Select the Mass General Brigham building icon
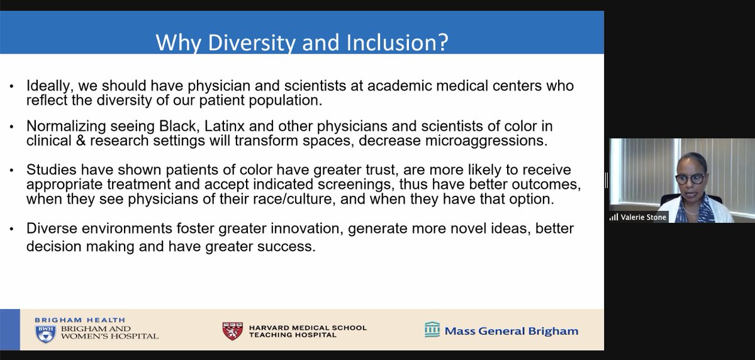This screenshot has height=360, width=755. click(x=432, y=330)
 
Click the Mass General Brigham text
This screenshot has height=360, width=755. click(x=512, y=330)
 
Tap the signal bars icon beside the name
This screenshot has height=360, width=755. click(x=614, y=217)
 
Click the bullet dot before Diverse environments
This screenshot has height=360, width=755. click(x=12, y=230)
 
